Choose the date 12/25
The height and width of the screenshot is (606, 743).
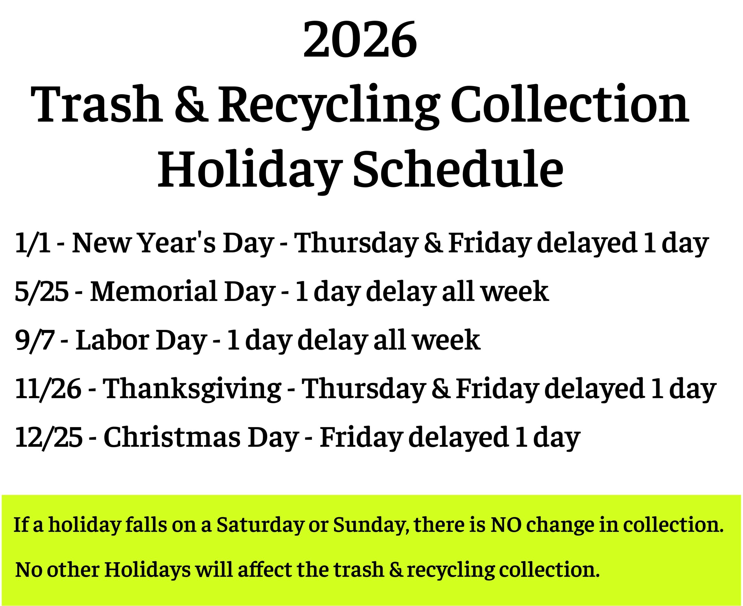49,437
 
